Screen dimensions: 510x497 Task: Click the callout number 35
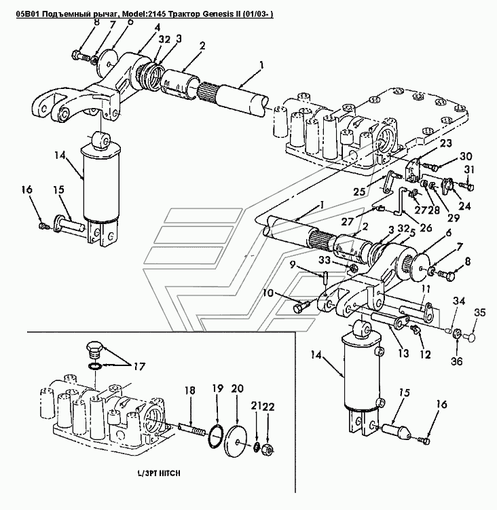479,313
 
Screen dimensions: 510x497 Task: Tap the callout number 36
457,361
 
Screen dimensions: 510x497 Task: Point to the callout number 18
191,390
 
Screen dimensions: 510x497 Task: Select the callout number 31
468,170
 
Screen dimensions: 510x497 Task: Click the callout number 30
446,156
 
